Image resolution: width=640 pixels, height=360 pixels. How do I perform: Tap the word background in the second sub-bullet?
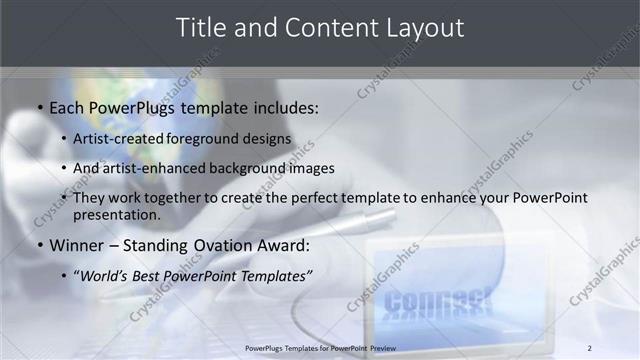click(245, 168)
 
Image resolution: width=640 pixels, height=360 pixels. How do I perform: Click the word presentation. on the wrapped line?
click(117, 215)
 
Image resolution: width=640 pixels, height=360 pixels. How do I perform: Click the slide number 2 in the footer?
click(589, 347)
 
